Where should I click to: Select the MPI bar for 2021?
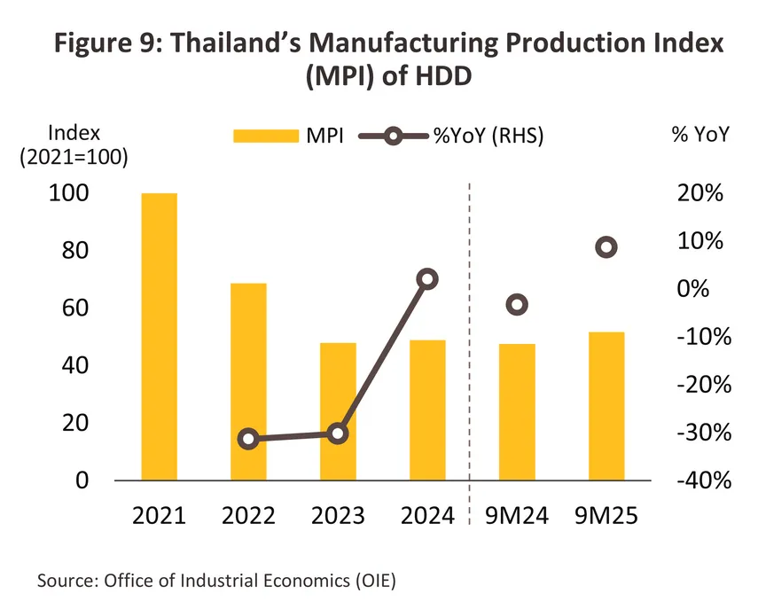click(159, 337)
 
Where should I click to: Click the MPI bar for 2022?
click(248, 382)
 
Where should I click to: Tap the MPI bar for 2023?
click(338, 411)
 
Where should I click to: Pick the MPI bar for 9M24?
click(517, 412)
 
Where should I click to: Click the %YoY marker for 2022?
click(249, 439)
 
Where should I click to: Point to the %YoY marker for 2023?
click(338, 433)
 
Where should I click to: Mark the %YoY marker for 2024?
click(427, 279)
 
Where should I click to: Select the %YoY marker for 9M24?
click(517, 305)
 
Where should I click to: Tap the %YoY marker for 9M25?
click(606, 247)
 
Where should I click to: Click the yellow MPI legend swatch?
click(265, 136)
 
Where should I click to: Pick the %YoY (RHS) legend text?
click(487, 136)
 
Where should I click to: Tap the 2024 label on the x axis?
click(427, 516)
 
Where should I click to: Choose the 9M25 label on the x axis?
click(606, 516)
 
